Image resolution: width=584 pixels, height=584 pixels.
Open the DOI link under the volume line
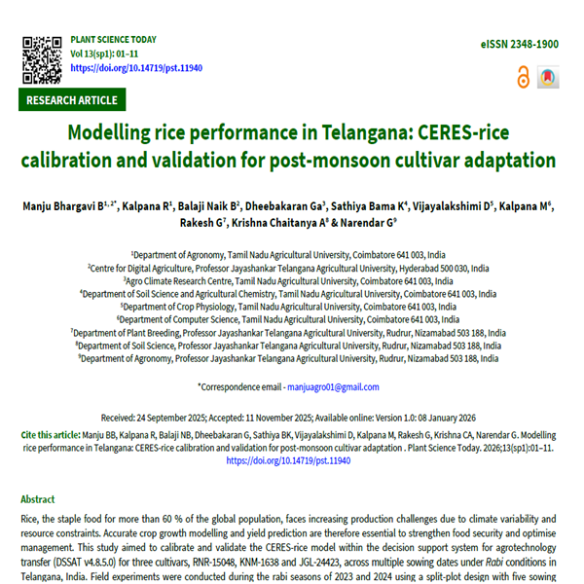click(x=125, y=67)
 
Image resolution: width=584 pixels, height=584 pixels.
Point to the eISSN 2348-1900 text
click(x=520, y=45)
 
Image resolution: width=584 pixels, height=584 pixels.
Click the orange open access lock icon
click(x=524, y=77)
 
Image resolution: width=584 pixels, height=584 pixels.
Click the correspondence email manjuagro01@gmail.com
click(x=330, y=386)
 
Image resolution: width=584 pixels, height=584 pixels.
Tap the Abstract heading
click(x=38, y=499)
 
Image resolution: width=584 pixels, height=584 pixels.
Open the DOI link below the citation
click(x=288, y=460)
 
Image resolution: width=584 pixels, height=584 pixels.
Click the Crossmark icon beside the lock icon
click(x=548, y=77)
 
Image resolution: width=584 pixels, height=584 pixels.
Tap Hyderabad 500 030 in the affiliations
click(x=421, y=267)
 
